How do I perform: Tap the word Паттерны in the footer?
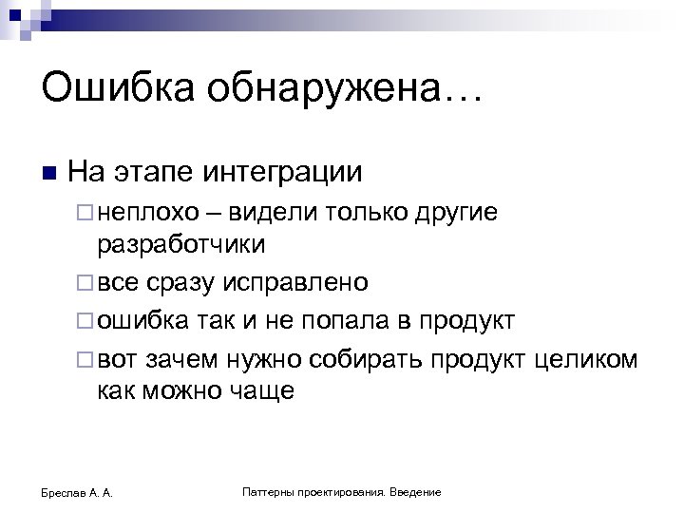267,492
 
